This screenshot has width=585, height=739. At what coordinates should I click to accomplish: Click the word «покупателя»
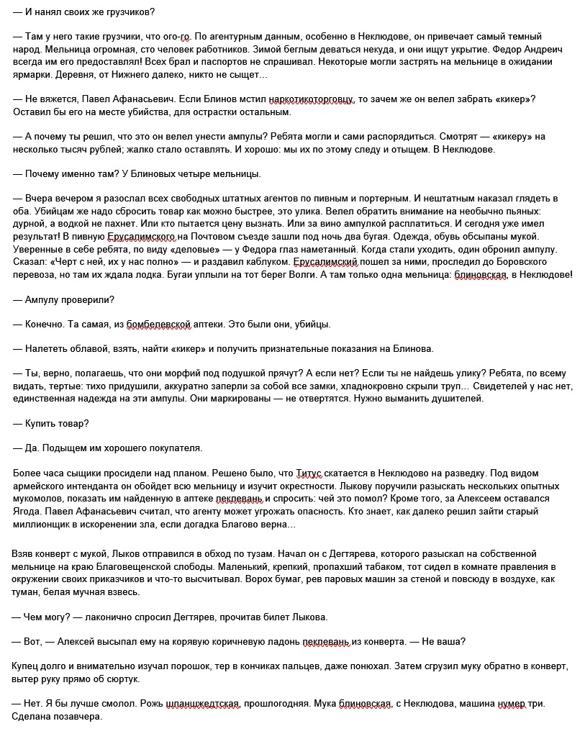pos(171,448)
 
